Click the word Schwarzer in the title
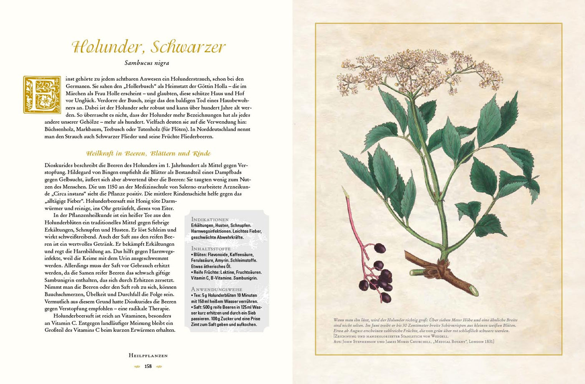click(x=188, y=47)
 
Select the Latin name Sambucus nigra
click(x=147, y=63)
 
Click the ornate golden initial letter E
click(x=42, y=94)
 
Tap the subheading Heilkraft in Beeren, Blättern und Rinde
click(x=148, y=153)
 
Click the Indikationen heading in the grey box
click(x=210, y=219)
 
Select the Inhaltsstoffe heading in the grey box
click(x=211, y=249)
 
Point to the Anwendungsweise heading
click(x=216, y=289)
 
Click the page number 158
click(x=148, y=366)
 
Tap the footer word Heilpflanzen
click(x=148, y=356)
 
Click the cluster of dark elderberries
click(x=378, y=276)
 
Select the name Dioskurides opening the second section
click(x=59, y=165)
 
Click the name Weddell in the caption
click(x=438, y=336)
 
